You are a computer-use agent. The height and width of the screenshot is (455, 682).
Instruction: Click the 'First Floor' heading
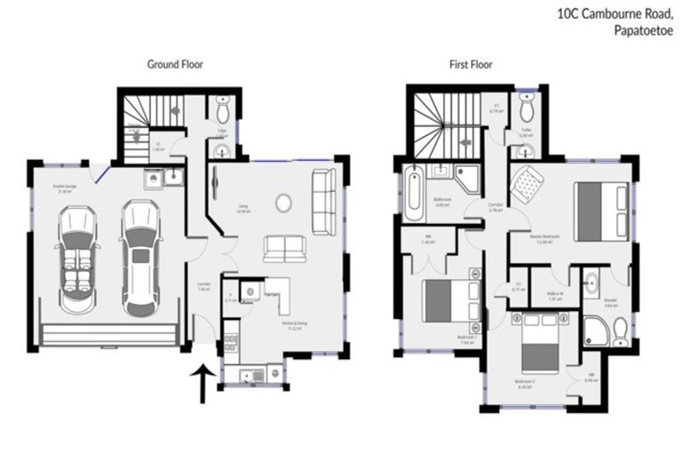tap(471, 64)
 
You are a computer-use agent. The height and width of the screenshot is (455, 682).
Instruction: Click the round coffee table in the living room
tap(283, 204)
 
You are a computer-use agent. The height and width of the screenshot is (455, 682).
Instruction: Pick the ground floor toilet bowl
tap(223, 109)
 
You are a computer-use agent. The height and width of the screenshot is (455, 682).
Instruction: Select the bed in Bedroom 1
tap(441, 300)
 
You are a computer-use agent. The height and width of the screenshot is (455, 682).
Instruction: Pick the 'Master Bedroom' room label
tap(543, 237)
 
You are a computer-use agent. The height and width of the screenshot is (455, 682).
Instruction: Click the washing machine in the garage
tap(152, 180)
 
